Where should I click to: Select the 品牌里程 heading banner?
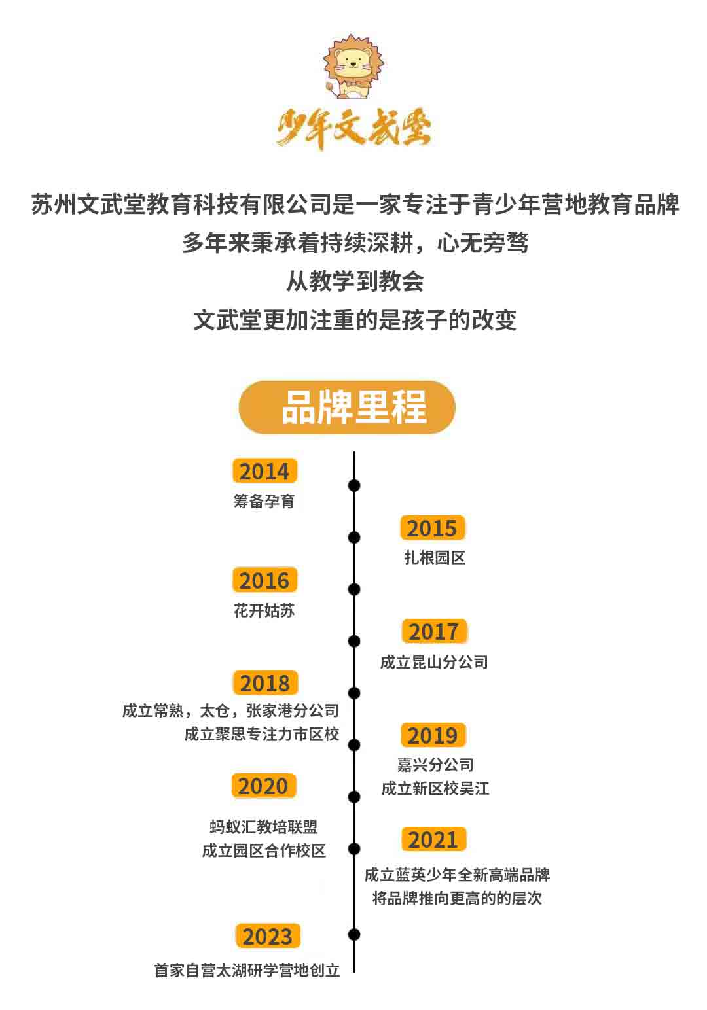[x=347, y=407]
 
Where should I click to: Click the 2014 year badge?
[x=265, y=471]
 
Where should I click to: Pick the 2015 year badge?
[x=432, y=527]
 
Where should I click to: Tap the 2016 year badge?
[x=265, y=580]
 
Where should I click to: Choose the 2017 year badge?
[x=434, y=631]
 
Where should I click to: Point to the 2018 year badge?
[x=265, y=683]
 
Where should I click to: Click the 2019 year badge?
[x=433, y=735]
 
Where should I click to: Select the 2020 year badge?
[x=264, y=786]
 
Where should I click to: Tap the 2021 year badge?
[x=433, y=839]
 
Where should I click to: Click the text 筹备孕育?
[x=264, y=501]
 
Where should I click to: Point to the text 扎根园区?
[x=435, y=558]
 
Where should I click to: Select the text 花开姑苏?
[x=264, y=610]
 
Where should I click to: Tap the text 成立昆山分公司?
[x=434, y=663]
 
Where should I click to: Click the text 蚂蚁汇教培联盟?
[x=264, y=827]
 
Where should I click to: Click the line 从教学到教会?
[x=355, y=282]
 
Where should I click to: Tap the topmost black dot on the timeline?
[x=354, y=485]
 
